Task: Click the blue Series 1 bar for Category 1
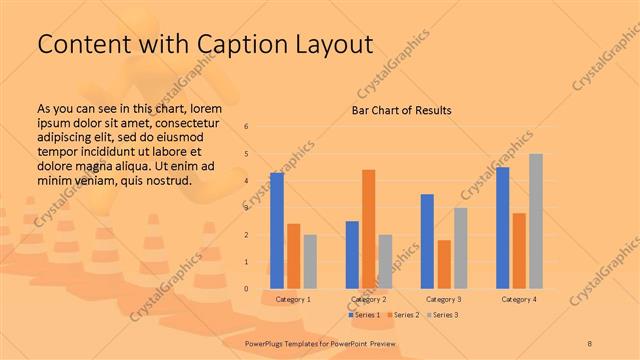[x=277, y=231]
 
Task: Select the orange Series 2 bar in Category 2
[x=369, y=229]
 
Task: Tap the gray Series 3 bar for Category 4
[x=536, y=221]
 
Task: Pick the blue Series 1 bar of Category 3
[x=427, y=241]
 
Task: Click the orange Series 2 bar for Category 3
[x=444, y=264]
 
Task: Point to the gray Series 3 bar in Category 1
[x=310, y=262]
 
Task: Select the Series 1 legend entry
[x=364, y=315]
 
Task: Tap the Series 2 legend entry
[x=403, y=315]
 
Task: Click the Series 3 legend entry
[x=442, y=315]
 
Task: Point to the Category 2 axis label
[x=369, y=299]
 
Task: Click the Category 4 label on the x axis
[x=518, y=299]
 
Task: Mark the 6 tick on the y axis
[x=247, y=127]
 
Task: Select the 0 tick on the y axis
[x=247, y=289]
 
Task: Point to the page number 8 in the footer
[x=590, y=343]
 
